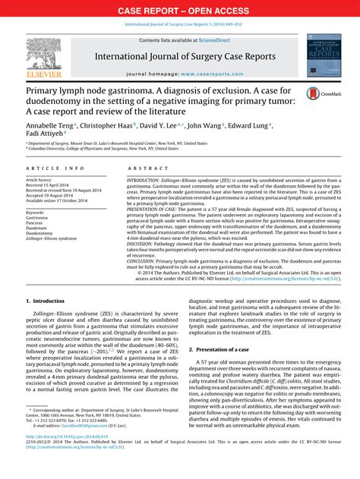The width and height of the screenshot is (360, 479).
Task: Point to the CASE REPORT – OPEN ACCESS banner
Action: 180,10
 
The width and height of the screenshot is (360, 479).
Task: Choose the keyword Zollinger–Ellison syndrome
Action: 58,246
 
